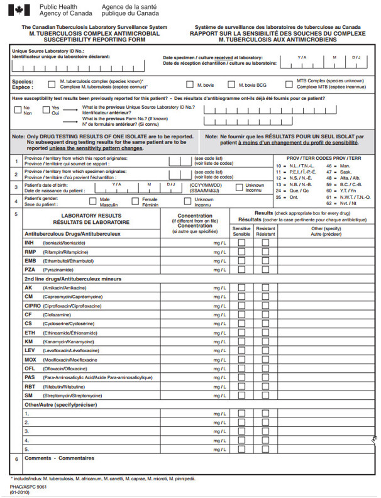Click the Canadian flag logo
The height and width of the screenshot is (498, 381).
19,11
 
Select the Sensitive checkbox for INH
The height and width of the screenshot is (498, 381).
241,242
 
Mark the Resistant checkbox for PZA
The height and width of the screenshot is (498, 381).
265,268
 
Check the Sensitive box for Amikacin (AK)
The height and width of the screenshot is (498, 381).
241,287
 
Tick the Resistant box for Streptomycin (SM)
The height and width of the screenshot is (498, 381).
265,396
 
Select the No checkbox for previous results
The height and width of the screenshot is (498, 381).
18,108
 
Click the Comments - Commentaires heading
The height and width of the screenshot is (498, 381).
59,458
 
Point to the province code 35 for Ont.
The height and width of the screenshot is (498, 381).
279,197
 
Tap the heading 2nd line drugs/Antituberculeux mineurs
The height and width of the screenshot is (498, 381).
72,279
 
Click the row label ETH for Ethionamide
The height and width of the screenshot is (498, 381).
29,333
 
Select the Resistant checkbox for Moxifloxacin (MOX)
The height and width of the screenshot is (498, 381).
265,360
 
